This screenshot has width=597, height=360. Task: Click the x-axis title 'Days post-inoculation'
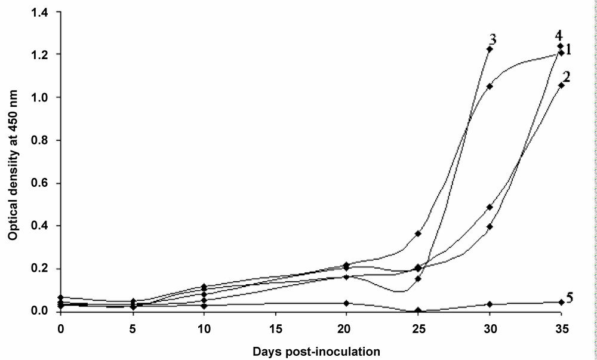[310, 352]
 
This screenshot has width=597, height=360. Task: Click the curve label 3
[493, 39]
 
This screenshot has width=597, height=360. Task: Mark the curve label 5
[570, 298]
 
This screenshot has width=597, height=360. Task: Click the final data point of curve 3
[490, 49]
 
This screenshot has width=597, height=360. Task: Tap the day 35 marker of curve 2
[561, 85]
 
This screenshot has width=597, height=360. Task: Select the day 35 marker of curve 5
[561, 302]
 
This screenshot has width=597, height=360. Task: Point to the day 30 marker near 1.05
[490, 86]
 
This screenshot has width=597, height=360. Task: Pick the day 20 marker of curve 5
[346, 303]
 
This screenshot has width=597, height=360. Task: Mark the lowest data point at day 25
[418, 310]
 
